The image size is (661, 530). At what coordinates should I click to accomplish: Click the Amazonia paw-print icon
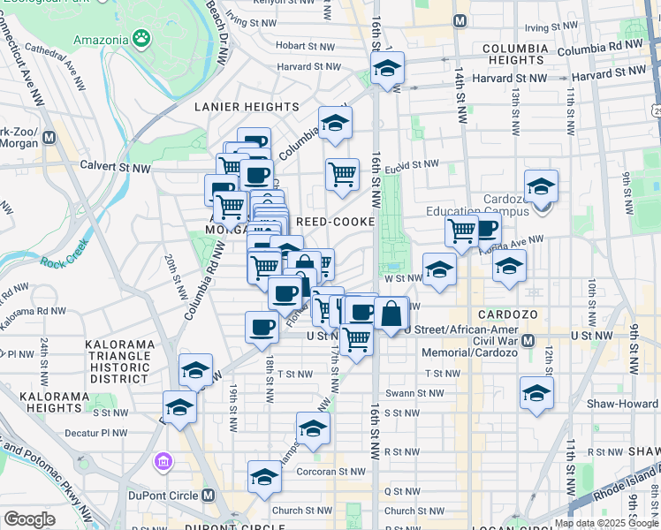(141, 38)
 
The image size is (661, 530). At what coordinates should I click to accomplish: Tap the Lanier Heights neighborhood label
(246, 107)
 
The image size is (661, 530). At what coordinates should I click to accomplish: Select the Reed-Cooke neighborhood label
(336, 222)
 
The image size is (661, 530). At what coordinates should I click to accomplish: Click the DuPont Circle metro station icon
(209, 496)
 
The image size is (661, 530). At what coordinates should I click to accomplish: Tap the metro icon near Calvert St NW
(49, 139)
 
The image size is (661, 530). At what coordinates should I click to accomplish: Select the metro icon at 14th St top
(459, 20)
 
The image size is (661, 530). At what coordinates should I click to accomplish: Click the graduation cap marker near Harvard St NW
(387, 68)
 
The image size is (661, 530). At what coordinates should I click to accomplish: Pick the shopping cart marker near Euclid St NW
(342, 172)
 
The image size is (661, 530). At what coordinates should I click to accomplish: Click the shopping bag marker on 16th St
(391, 312)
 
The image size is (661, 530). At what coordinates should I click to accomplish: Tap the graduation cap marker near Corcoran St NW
(264, 477)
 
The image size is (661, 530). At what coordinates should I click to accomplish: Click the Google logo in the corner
(29, 519)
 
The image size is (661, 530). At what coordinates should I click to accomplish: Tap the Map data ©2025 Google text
(605, 523)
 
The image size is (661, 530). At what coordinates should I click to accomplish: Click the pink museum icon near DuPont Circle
(162, 461)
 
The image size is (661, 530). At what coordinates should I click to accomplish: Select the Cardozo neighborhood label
(503, 315)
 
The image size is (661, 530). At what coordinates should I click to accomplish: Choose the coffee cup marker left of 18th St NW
(261, 328)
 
